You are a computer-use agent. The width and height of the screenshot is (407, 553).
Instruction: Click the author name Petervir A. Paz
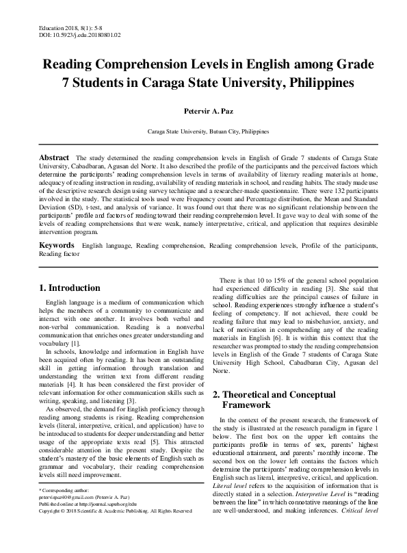(x=202, y=110)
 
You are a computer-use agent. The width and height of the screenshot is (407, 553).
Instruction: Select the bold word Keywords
(x=56, y=244)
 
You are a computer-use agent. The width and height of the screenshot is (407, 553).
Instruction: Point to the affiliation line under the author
(x=203, y=129)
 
